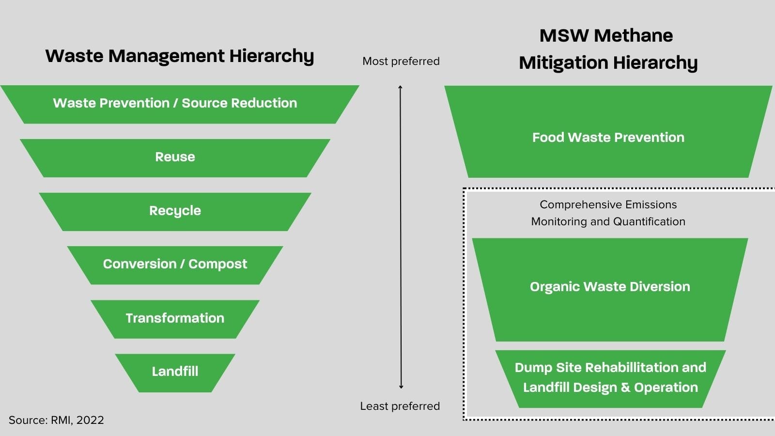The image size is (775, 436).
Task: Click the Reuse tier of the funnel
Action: (x=175, y=157)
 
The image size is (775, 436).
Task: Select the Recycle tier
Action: (x=175, y=211)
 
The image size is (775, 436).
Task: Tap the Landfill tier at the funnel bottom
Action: (x=175, y=372)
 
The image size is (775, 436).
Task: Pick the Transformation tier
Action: (x=175, y=318)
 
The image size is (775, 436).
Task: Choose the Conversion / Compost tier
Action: (x=175, y=265)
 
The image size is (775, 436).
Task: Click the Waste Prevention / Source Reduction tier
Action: (x=175, y=104)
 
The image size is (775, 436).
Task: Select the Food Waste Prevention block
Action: (x=608, y=138)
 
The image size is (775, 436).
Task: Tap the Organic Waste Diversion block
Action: (x=610, y=287)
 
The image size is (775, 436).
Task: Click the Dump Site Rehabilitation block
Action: (x=610, y=377)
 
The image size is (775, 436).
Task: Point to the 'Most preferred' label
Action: (x=401, y=62)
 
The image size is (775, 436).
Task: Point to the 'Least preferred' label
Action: (x=400, y=406)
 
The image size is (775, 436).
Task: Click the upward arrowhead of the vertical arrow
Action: (x=401, y=87)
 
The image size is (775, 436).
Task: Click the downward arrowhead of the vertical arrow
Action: (x=401, y=387)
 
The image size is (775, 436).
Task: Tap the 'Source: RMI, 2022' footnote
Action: (x=56, y=420)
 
